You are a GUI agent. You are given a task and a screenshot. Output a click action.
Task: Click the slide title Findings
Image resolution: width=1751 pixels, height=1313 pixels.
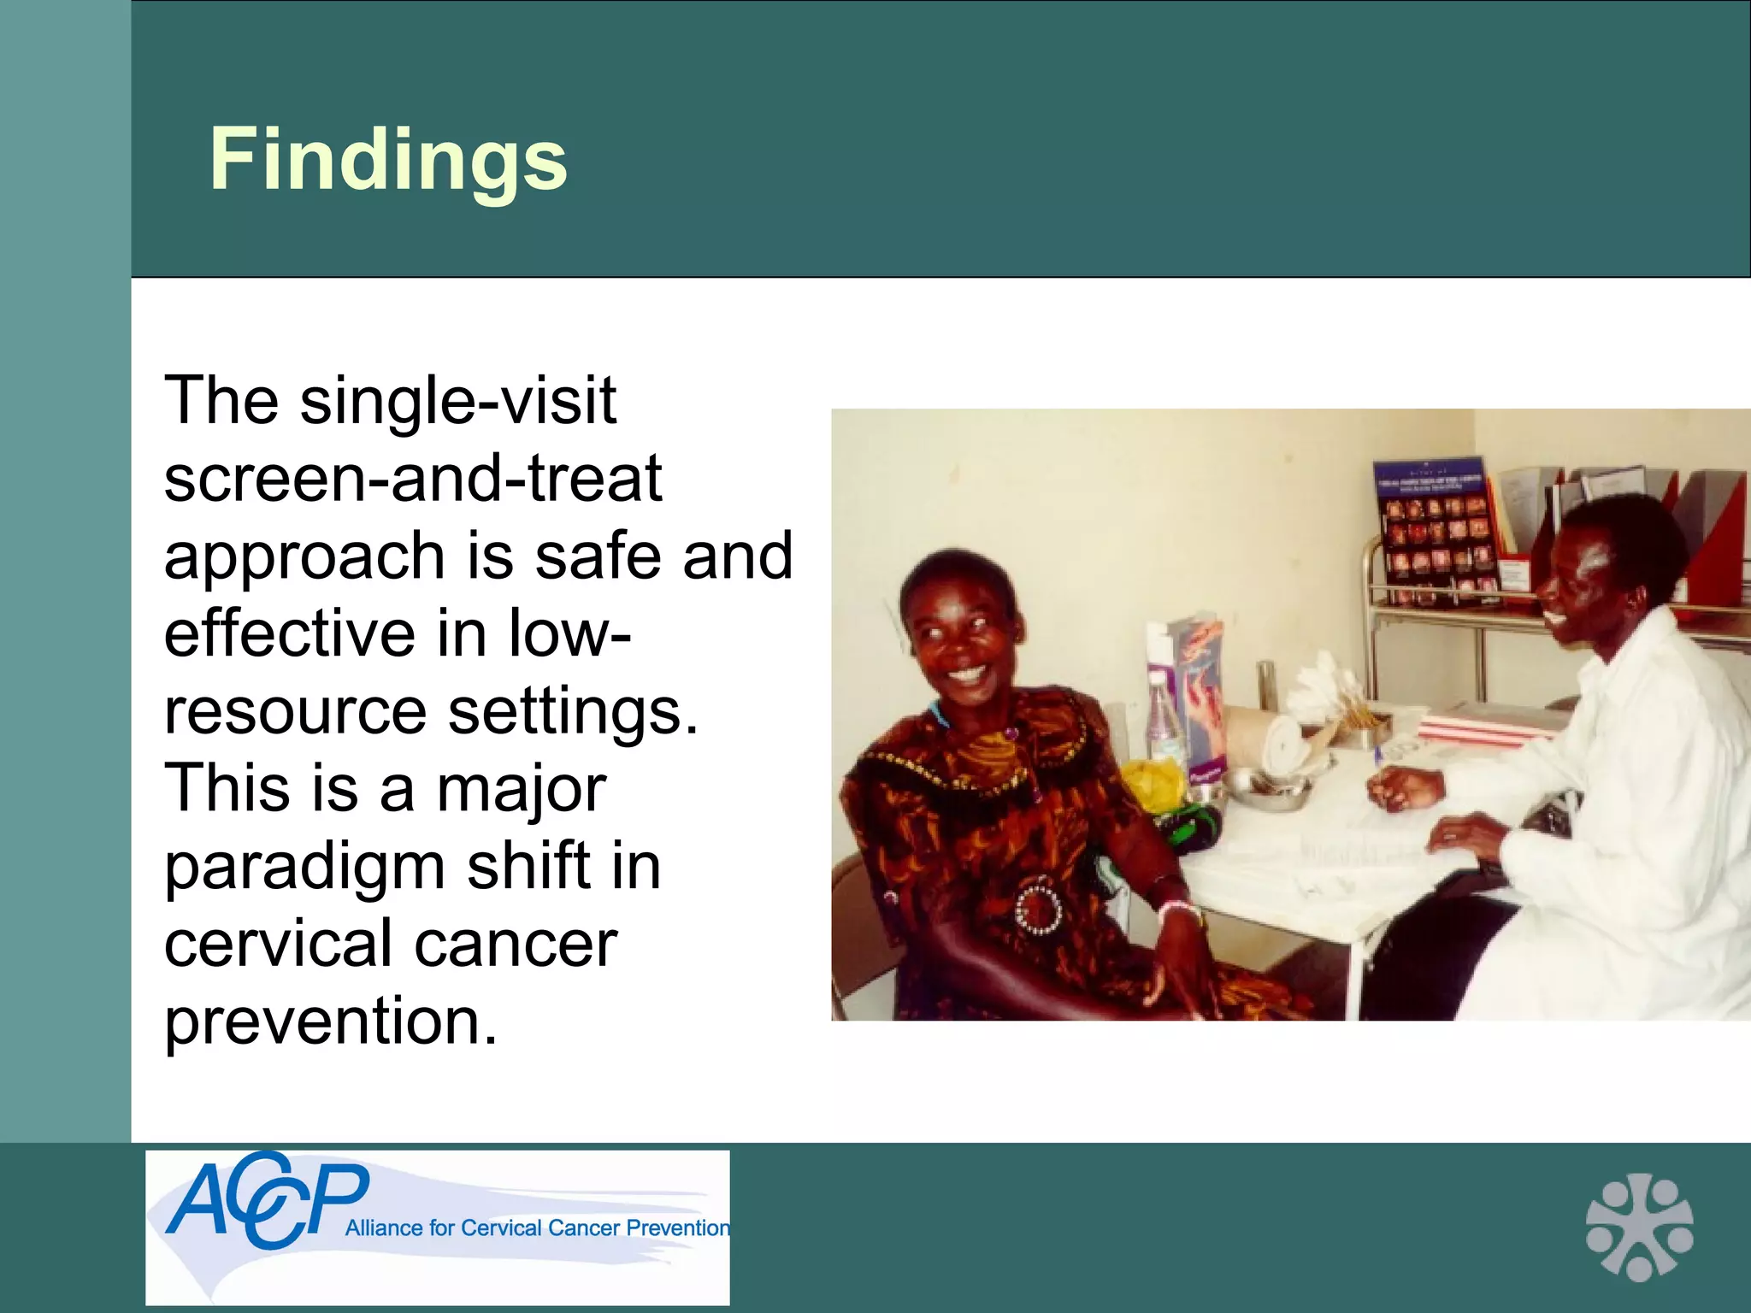388,159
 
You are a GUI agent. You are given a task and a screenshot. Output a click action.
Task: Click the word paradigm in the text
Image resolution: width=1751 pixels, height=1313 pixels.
305,867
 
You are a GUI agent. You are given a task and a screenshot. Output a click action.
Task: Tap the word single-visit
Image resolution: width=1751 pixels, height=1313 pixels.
457,400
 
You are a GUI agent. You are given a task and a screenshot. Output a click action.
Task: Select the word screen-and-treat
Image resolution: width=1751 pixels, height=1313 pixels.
412,478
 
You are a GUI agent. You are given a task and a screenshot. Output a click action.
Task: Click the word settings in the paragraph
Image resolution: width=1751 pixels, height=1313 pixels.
573,711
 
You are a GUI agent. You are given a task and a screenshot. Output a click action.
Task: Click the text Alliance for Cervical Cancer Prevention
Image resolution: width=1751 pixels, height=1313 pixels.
537,1228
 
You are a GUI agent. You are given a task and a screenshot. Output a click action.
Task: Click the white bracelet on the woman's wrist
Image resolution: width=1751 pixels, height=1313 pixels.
1177,908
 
